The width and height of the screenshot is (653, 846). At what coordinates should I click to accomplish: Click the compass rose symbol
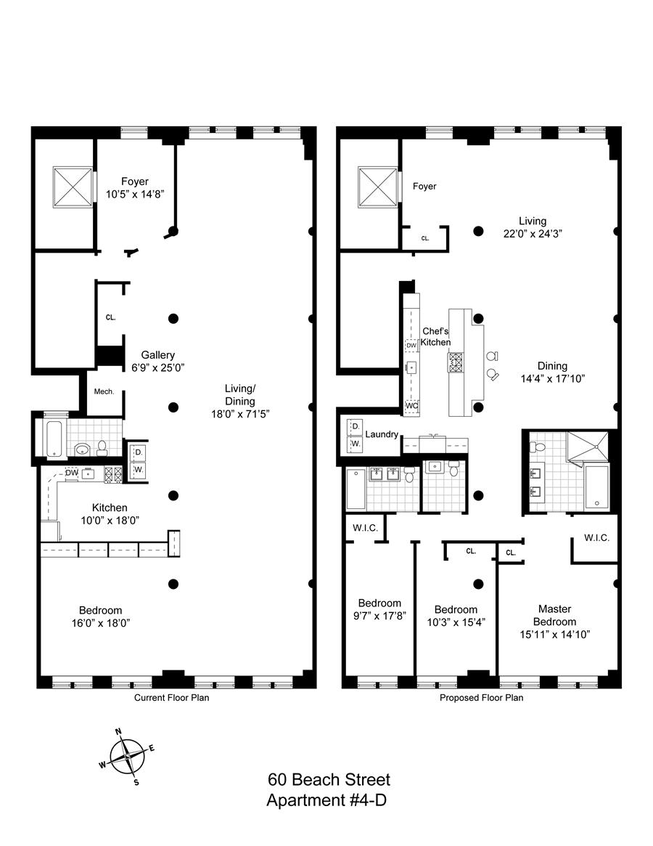click(x=127, y=757)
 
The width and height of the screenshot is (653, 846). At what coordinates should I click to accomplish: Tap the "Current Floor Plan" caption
click(x=171, y=698)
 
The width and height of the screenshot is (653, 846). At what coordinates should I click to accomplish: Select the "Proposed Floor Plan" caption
click(x=481, y=698)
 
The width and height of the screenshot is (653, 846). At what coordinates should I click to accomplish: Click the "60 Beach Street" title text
click(x=329, y=780)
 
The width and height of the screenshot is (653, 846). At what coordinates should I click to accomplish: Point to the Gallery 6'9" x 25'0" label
click(x=158, y=361)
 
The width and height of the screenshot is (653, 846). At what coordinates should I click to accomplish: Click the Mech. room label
click(x=104, y=391)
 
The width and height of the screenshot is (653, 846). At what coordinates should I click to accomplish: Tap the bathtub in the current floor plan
click(x=55, y=438)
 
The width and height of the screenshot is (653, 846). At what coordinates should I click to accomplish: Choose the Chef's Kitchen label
click(x=435, y=337)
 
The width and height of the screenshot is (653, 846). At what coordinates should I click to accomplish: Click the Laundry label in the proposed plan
click(x=382, y=434)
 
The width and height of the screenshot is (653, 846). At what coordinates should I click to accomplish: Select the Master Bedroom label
click(x=555, y=622)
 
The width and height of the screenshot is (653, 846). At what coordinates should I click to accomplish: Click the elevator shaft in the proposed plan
click(x=377, y=186)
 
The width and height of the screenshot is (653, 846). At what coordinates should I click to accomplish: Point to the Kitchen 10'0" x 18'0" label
click(x=110, y=513)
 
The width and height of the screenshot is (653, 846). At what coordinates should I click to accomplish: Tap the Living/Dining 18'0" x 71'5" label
click(x=240, y=401)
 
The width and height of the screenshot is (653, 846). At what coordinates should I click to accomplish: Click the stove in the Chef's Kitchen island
click(x=456, y=362)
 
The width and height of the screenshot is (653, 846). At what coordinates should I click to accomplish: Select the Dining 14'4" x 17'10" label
click(x=552, y=372)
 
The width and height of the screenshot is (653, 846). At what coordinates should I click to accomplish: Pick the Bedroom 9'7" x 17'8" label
click(x=379, y=609)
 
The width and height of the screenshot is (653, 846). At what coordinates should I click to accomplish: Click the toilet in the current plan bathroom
click(x=102, y=447)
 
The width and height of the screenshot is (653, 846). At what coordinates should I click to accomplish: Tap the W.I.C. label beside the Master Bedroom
click(x=596, y=538)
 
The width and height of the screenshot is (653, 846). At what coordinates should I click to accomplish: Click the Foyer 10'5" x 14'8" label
click(x=135, y=187)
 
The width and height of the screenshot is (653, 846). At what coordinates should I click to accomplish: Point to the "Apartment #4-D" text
click(x=326, y=800)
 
